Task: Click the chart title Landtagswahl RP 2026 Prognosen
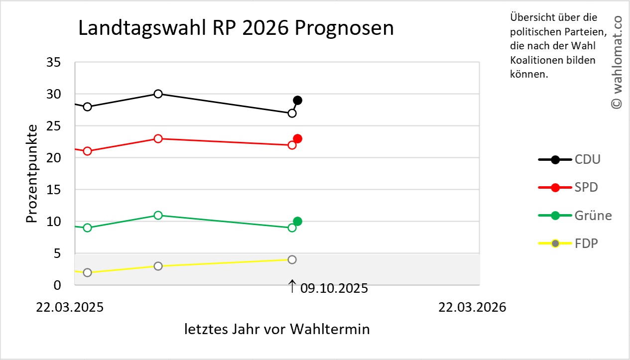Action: (236, 28)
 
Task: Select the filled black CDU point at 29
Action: (297, 100)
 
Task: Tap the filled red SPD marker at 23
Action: (297, 138)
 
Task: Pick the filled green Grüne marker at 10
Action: (297, 221)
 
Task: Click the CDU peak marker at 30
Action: (158, 94)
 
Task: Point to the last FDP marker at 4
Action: (292, 259)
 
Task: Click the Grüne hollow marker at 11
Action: (158, 215)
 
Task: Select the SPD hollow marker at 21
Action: (87, 151)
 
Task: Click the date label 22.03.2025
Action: (70, 307)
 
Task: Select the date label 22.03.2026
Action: (472, 307)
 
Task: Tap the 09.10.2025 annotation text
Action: (334, 288)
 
